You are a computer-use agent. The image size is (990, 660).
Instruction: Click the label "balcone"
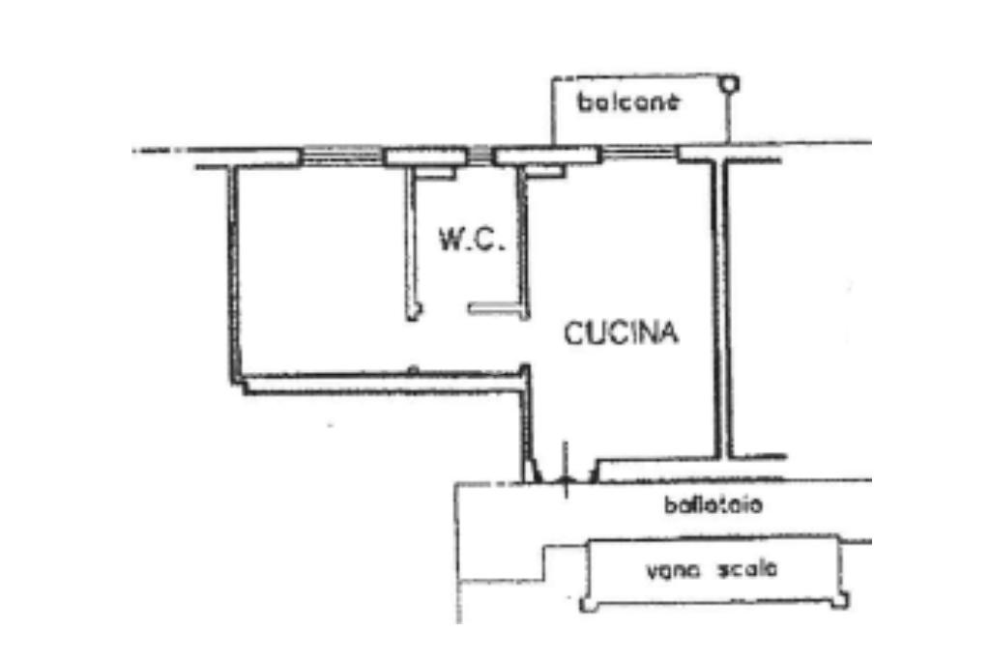[x=629, y=101]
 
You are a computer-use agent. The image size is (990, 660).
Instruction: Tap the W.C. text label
[x=473, y=239]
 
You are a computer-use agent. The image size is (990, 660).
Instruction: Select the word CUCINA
[x=621, y=333]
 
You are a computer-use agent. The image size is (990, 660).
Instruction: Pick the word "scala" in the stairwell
[x=746, y=569]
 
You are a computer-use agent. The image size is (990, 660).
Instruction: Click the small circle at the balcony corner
[x=733, y=83]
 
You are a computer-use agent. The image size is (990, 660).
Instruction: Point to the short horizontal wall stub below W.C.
[x=494, y=308]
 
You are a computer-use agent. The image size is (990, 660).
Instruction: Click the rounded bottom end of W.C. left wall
[x=414, y=311]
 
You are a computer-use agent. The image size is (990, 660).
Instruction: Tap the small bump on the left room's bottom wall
[x=413, y=368]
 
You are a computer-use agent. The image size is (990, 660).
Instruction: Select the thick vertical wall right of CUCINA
[x=720, y=309]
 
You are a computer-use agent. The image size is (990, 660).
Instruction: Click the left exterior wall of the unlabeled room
[x=233, y=275]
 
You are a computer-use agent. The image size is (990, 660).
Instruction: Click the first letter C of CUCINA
[x=572, y=333]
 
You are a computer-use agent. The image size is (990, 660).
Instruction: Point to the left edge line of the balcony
[x=552, y=111]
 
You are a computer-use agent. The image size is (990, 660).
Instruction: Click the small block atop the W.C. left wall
[x=436, y=173]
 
